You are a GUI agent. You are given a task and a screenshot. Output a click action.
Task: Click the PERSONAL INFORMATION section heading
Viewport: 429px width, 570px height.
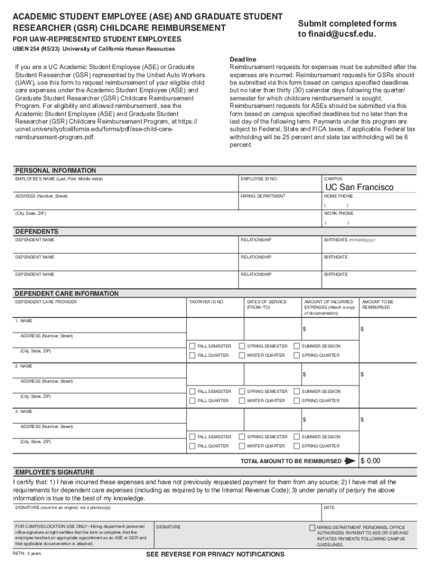(55, 170)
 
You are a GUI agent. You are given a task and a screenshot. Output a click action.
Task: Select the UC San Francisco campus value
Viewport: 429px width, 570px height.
(359, 187)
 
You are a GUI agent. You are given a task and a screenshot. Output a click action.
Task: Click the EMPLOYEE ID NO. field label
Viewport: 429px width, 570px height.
(259, 179)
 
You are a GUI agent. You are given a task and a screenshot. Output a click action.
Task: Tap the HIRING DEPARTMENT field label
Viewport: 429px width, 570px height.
(263, 196)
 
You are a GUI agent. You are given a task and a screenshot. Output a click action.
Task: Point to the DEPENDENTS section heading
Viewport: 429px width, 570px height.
(36, 232)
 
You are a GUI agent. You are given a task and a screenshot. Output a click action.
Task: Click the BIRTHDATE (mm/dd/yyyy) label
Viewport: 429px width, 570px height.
(349, 240)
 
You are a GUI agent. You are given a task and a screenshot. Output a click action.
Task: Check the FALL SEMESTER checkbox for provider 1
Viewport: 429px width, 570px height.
(192, 346)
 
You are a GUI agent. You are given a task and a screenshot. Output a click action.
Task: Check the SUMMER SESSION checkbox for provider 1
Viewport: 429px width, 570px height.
(296, 346)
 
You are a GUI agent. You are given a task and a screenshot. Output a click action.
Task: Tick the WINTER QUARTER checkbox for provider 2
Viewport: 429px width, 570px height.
(242, 401)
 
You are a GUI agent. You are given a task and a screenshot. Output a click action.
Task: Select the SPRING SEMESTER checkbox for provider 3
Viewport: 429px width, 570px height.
(242, 437)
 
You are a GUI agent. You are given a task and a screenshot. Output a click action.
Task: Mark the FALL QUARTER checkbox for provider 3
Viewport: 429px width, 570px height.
(192, 446)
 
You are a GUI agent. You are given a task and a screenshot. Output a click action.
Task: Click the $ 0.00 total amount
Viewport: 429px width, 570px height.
(370, 461)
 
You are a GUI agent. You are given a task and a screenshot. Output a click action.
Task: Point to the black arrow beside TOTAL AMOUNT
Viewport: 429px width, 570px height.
(350, 461)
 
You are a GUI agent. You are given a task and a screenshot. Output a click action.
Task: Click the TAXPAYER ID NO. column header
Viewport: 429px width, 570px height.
(206, 302)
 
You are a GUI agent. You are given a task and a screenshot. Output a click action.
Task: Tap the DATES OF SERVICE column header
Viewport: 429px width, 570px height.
(266, 304)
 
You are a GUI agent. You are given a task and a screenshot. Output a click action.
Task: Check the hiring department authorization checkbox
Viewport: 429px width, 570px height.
(312, 527)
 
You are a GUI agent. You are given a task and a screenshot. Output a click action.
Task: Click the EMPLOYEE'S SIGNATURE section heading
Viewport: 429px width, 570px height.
(54, 472)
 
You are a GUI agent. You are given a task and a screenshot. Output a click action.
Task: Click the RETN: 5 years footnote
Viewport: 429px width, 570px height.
(27, 554)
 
